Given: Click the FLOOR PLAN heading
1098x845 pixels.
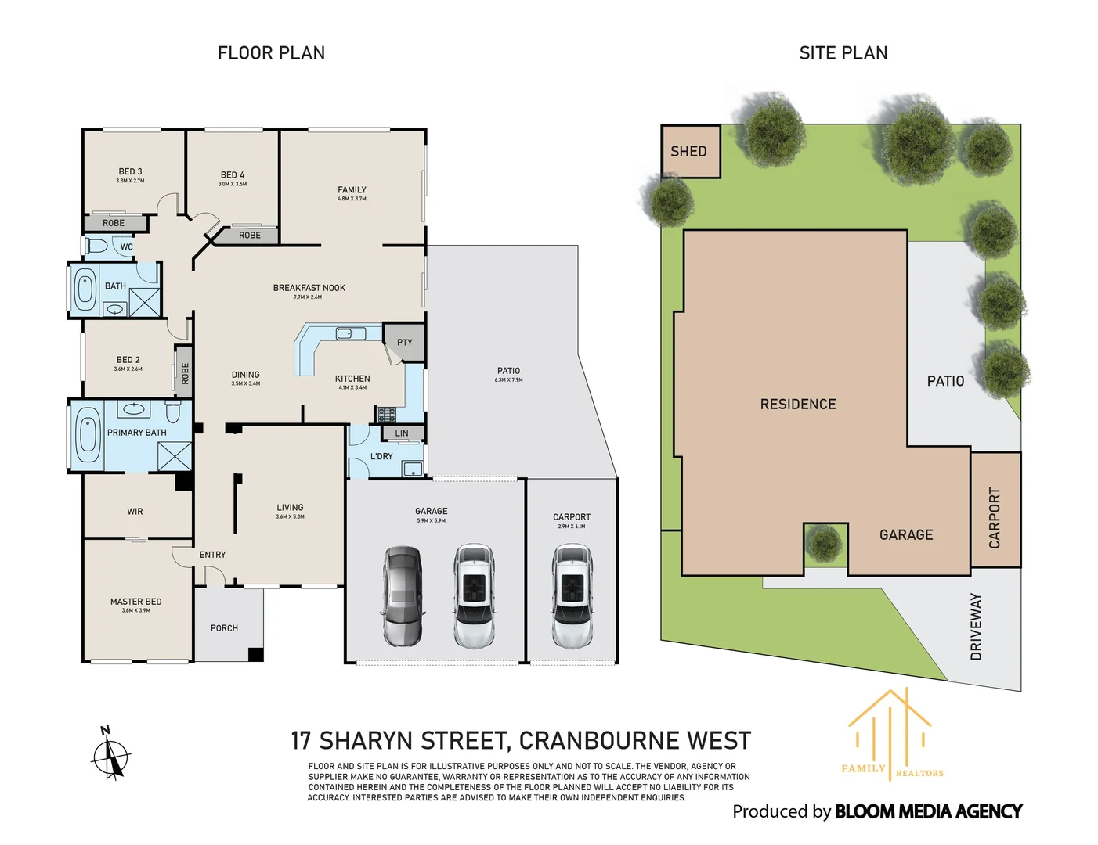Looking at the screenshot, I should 271,53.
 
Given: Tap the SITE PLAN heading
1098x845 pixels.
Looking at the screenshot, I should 843,53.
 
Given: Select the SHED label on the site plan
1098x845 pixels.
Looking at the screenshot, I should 688,152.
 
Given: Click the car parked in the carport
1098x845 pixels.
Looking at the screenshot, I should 572,596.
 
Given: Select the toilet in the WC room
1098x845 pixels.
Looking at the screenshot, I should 96,246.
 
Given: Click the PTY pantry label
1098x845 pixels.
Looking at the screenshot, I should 404,343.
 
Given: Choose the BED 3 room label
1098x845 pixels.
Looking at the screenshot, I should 130,171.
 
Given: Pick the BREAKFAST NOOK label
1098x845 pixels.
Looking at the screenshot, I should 309,288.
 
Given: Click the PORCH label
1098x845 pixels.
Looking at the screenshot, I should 224,628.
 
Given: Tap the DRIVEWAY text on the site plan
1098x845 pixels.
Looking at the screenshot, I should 976,626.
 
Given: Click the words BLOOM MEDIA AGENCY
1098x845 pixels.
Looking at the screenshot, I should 928,812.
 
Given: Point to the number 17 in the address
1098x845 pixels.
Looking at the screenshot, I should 301,741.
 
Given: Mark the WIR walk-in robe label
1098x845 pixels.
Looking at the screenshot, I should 135,512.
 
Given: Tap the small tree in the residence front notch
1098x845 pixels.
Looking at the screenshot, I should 824,543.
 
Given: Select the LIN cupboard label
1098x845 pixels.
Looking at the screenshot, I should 402,433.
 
